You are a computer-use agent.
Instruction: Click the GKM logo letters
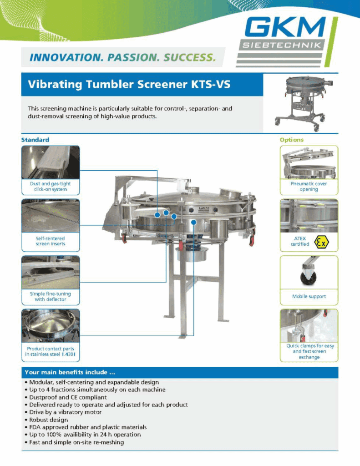pos(284,27)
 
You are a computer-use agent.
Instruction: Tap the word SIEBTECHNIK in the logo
pos(282,46)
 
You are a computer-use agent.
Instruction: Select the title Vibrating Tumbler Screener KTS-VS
pos(129,84)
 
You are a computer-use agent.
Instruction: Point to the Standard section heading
pos(35,140)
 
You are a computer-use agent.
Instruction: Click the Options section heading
pos(292,140)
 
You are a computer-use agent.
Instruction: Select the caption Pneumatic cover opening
pos(309,186)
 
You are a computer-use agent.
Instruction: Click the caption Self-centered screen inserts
pos(51,241)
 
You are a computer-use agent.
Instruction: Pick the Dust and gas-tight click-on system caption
pos(50,186)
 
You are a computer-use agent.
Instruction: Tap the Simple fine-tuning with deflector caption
pos(51,296)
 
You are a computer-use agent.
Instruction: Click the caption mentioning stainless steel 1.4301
pos(50,351)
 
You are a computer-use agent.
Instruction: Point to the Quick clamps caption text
pos(310,351)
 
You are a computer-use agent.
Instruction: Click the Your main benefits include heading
pos(70,372)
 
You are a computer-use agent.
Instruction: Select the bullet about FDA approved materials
pos(86,427)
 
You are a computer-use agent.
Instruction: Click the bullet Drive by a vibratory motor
pos(63,412)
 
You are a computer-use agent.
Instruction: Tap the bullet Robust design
pos(46,420)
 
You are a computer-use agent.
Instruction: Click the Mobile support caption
pos(309,296)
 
